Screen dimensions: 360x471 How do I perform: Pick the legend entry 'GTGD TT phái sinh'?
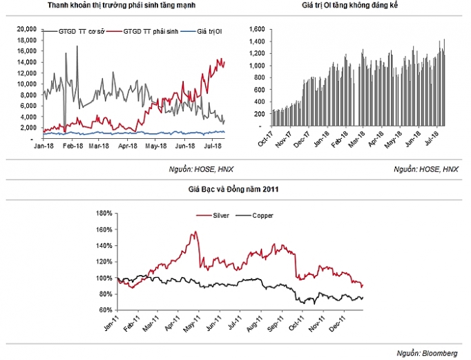point(151,32)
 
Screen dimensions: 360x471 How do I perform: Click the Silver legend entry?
point(215,216)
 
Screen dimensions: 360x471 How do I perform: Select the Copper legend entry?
point(260,216)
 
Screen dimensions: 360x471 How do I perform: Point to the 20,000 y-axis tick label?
point(25,28)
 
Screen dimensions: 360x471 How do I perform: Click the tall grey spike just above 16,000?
point(77,46)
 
